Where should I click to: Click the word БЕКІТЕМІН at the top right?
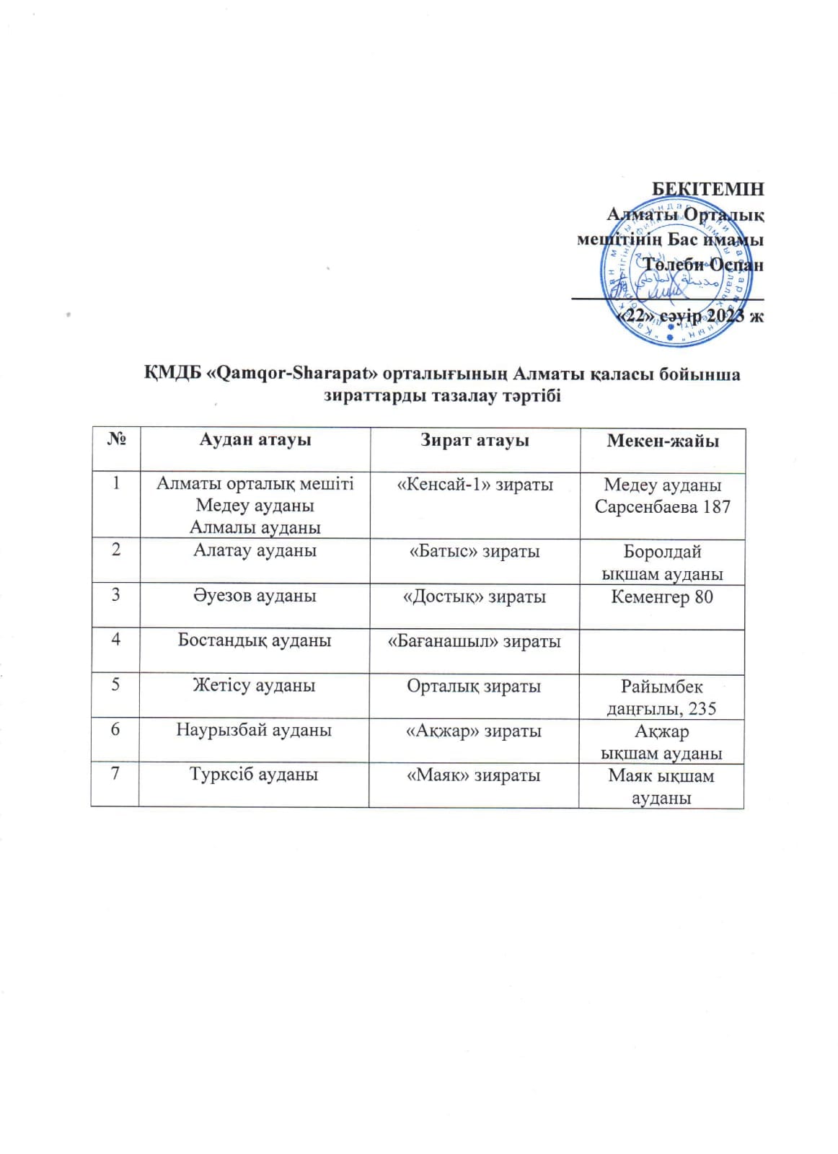coord(707,190)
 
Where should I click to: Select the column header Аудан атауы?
coord(255,440)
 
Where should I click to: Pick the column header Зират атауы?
coord(475,441)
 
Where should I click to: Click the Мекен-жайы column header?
coord(662,441)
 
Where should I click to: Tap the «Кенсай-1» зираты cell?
coord(475,485)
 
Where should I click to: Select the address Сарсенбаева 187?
coord(662,507)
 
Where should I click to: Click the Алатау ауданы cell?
coord(255,551)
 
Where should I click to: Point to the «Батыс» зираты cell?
coord(475,552)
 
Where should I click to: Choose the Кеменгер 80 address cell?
coord(662,596)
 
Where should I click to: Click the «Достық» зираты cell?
coord(475,597)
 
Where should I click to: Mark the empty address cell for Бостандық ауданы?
coord(662,651)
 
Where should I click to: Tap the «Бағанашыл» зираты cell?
coord(475,641)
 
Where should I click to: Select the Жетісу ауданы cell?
coord(255,685)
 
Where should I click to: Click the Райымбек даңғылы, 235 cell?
coord(662,697)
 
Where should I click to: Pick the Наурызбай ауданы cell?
coord(255,730)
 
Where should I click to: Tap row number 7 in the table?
coord(115,774)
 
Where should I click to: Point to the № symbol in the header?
coord(116,439)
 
